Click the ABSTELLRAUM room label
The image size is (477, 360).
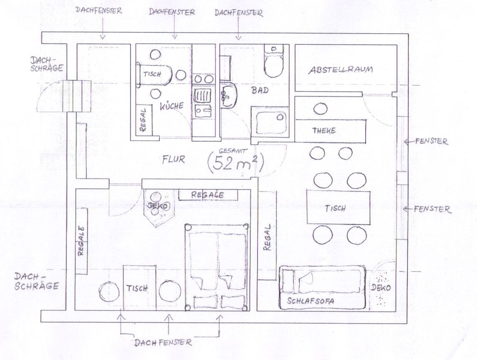341,70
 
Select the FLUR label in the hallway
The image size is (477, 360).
173,159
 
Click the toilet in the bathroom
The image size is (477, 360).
274,63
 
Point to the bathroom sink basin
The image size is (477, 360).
229,95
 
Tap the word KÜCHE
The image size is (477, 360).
171,106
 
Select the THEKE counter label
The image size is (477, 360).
324,131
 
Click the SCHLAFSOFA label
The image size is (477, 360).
311,300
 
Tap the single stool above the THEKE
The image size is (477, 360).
320,109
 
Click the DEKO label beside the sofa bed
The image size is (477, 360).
380,288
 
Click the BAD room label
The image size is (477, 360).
260,90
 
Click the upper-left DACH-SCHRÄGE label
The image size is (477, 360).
47,64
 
